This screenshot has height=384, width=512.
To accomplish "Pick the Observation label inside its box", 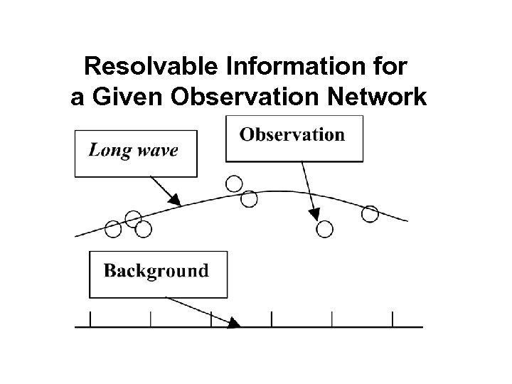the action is click(x=292, y=134).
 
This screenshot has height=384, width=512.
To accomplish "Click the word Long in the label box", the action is click(x=110, y=151).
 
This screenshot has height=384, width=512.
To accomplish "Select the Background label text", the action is click(x=156, y=271).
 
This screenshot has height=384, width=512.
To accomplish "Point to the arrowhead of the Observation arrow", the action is click(x=314, y=213).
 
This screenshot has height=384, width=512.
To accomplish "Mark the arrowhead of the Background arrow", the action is click(x=234, y=323).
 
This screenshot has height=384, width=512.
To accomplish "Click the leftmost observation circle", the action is click(x=113, y=228).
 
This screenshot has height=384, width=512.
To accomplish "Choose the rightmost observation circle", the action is click(x=370, y=213).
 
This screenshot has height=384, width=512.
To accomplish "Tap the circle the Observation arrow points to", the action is click(x=325, y=228).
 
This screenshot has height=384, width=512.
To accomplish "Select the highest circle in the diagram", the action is click(x=233, y=184).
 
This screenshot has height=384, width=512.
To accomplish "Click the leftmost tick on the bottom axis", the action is click(x=90, y=319).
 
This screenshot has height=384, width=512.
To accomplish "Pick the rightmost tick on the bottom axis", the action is click(x=393, y=319).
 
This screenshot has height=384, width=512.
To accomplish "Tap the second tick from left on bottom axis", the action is click(x=151, y=319).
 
